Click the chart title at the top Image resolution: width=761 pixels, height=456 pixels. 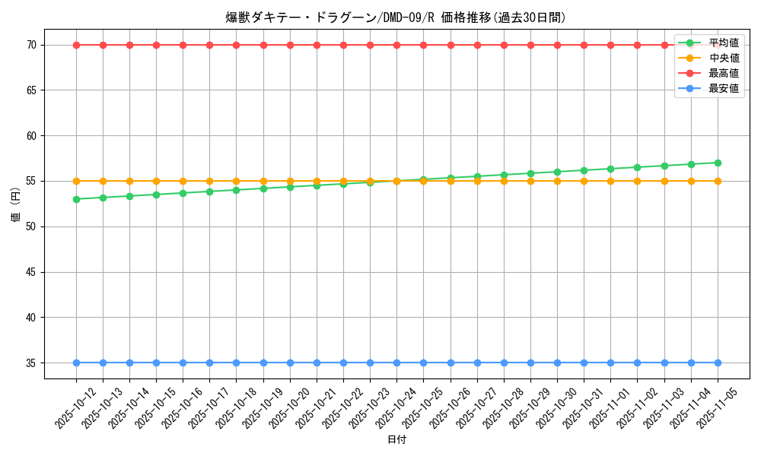click(x=396, y=17)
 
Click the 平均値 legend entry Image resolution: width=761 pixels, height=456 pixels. click(x=723, y=43)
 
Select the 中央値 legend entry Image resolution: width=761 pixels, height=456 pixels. click(x=723, y=59)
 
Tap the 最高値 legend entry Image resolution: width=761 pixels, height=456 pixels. click(x=723, y=74)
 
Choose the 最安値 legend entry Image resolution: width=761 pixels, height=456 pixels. click(x=723, y=89)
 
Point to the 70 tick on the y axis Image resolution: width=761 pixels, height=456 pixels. click(x=31, y=45)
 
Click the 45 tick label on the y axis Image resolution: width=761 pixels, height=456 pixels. click(x=31, y=272)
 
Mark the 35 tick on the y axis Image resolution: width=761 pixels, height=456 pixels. click(x=31, y=363)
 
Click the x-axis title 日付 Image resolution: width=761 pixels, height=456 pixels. click(x=396, y=440)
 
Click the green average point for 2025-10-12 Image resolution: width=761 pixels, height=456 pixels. click(x=76, y=199)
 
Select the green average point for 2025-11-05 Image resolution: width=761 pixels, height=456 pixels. click(x=718, y=163)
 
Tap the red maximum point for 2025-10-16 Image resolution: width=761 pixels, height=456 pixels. click(x=183, y=45)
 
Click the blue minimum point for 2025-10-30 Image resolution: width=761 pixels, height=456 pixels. click(x=557, y=363)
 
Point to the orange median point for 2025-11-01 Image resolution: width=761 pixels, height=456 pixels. click(x=610, y=181)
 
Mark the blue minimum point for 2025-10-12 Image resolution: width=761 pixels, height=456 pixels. click(x=76, y=363)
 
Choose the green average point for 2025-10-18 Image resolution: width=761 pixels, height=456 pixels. click(x=236, y=190)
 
